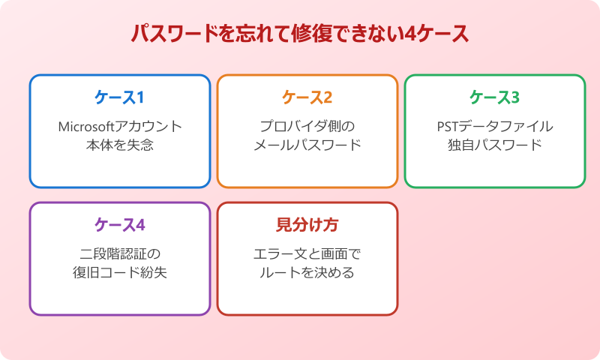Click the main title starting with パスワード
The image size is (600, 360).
[x=300, y=34]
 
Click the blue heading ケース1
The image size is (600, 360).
[x=119, y=97]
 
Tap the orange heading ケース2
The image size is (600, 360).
[x=307, y=97]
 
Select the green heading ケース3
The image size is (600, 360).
[x=494, y=97]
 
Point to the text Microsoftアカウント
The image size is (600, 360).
[x=120, y=125]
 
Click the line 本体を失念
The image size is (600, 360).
[x=120, y=145]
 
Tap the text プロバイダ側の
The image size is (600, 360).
[x=307, y=125]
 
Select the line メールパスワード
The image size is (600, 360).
[x=307, y=145]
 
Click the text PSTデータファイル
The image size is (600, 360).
[x=494, y=125]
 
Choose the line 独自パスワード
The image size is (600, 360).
[x=494, y=145]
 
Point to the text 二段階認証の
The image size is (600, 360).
[x=120, y=253]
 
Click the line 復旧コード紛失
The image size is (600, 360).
[x=120, y=272]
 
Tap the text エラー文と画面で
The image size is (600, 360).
[x=307, y=253]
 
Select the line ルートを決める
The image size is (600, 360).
[x=307, y=272]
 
